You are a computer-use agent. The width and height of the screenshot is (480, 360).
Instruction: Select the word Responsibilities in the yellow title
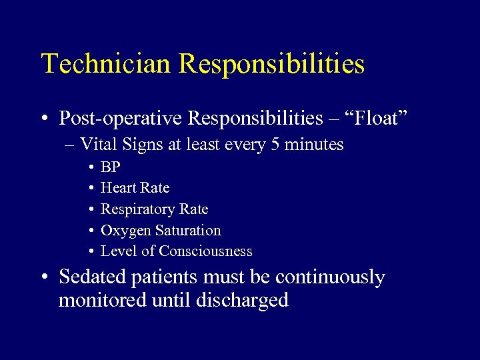(x=272, y=65)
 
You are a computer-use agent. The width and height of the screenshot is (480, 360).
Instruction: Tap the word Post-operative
(x=121, y=118)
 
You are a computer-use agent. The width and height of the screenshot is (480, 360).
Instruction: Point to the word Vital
(x=97, y=145)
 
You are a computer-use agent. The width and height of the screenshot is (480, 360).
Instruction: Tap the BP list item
(x=110, y=167)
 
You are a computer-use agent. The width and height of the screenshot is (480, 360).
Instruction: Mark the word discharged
(x=242, y=301)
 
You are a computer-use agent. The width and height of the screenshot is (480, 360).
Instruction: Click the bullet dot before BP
(x=89, y=167)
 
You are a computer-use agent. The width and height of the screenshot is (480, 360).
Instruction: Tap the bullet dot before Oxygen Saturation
(x=89, y=231)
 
